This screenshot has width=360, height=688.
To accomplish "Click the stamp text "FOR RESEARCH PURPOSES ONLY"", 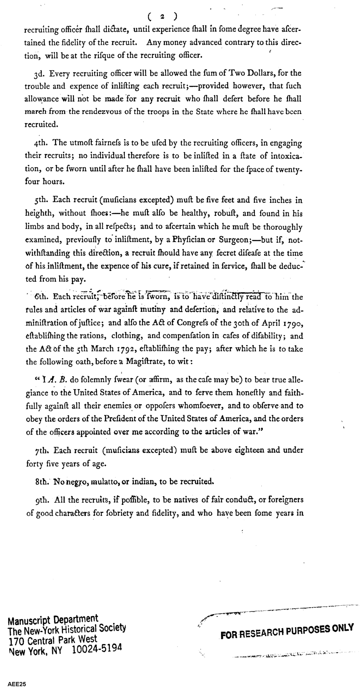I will point(287,632).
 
